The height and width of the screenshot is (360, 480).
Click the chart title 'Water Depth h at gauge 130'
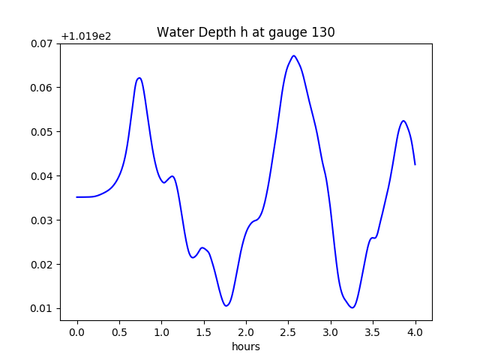click(x=245, y=32)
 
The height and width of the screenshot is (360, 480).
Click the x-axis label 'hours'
click(x=245, y=346)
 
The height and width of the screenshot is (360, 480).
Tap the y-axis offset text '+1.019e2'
click(x=85, y=36)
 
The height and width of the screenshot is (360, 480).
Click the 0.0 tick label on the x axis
click(x=76, y=331)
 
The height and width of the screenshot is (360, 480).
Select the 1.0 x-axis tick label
click(x=161, y=331)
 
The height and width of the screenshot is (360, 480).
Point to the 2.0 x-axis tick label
click(x=246, y=331)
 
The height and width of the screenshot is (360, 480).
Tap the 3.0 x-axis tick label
click(x=331, y=331)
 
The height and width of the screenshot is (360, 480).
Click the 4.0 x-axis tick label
click(x=415, y=331)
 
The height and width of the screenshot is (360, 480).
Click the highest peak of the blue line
click(x=294, y=55)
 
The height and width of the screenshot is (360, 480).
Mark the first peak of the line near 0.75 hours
click(x=139, y=78)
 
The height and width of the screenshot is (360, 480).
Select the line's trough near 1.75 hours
click(x=226, y=305)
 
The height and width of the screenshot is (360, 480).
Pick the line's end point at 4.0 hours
click(x=415, y=164)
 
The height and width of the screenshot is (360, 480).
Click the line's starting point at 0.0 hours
click(x=76, y=197)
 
